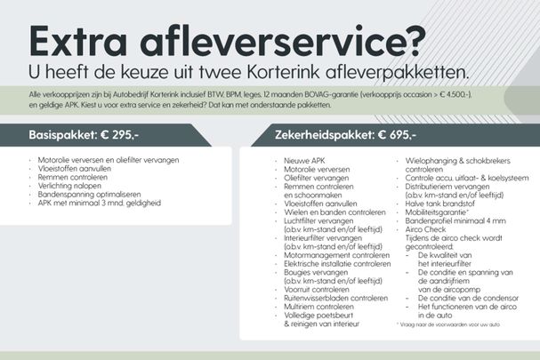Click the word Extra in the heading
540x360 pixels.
click(78, 41)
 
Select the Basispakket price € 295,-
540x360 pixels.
click(119, 134)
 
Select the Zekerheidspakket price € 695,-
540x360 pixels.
click(397, 134)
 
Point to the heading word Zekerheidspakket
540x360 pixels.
click(324, 135)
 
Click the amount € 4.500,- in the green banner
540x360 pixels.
click(455, 94)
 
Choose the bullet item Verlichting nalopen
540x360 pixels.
click(69, 186)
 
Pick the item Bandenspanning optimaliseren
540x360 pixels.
click(90, 194)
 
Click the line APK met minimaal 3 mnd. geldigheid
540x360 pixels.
click(99, 203)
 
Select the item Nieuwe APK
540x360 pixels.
click(304, 161)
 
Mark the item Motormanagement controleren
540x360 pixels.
click(337, 255)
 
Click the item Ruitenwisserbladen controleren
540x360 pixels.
click(335, 298)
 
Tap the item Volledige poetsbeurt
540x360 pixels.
click(318, 316)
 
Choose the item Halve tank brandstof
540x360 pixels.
click(439, 204)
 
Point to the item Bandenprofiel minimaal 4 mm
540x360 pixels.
click(455, 220)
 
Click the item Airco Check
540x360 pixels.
click(425, 229)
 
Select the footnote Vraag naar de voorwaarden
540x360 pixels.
click(448, 324)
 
